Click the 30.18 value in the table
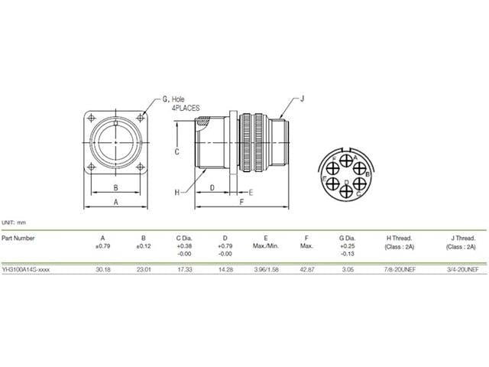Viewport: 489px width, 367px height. click(102, 269)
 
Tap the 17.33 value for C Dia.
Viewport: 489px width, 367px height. click(183, 269)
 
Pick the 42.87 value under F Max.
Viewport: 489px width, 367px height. click(306, 269)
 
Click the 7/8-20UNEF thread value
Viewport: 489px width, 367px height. click(400, 269)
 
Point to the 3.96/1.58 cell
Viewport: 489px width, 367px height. click(265, 269)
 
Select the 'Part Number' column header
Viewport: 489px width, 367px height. click(18, 238)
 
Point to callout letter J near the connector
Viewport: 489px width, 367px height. click(303, 98)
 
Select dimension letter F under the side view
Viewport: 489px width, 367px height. click(241, 202)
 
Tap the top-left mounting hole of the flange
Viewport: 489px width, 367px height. click(92, 117)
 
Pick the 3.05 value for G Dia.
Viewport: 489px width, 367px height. click(348, 269)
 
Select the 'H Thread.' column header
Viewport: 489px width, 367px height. click(400, 238)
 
